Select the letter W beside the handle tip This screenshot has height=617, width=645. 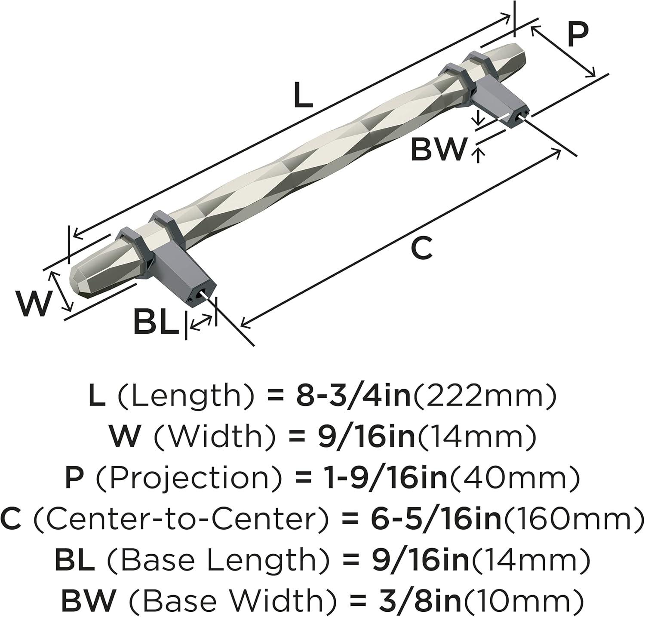[x=33, y=304]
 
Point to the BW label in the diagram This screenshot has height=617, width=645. [x=439, y=149]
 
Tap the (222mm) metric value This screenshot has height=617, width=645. [x=485, y=397]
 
